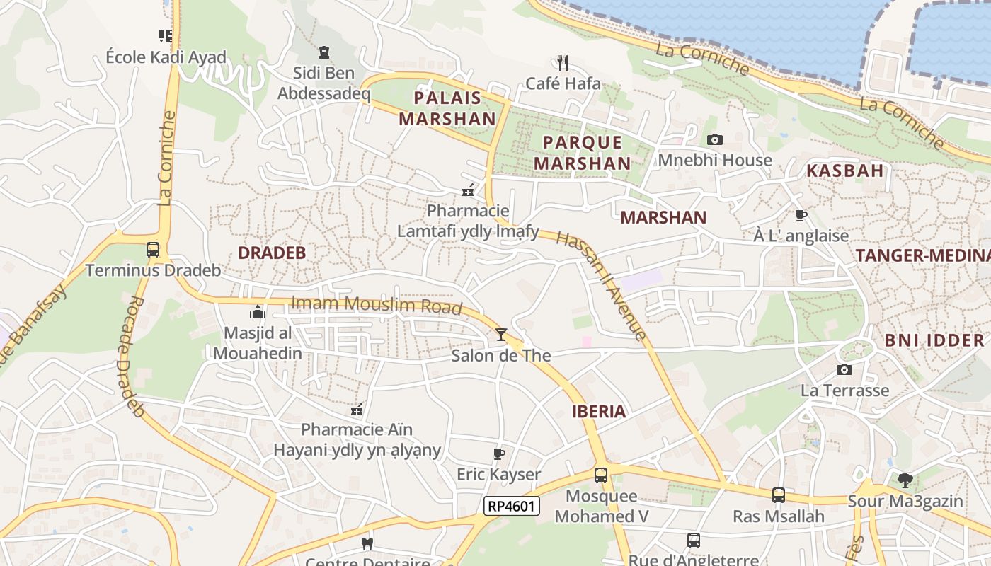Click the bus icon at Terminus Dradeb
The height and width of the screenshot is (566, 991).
coord(153,249)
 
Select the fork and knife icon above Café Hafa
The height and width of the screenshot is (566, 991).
coord(563,62)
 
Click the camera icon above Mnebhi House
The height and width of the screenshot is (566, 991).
coord(715,139)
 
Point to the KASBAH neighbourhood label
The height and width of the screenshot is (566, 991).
coord(845,171)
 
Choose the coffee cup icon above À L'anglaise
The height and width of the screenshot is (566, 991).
coord(801,215)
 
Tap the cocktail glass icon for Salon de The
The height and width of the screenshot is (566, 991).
coord(501,334)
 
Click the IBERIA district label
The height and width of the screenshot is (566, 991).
coord(599,411)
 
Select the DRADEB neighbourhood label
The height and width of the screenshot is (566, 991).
coord(272,253)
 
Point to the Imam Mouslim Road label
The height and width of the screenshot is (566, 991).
coord(377,305)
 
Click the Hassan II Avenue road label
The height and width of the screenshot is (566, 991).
coord(602,286)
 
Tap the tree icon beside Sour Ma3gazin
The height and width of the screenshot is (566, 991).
coord(905,480)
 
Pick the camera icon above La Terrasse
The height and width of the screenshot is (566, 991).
coord(844,369)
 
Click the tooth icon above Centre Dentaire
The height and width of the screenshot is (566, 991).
coord(367,543)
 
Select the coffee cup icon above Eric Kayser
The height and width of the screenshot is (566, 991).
coord(498,454)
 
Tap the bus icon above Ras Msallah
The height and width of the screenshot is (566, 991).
coord(779,495)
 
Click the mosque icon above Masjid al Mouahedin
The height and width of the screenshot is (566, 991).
coord(258,312)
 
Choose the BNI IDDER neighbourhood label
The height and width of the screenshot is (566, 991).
coord(934,340)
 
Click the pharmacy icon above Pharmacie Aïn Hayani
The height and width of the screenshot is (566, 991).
coord(357,409)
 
